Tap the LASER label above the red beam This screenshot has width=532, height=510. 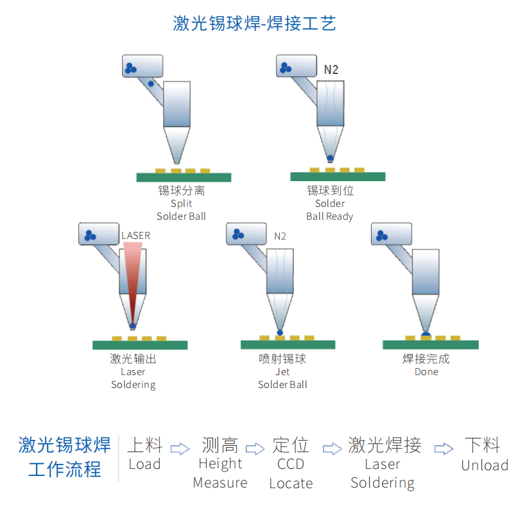tap(135, 236)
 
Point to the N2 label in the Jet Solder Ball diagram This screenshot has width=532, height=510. tap(280, 236)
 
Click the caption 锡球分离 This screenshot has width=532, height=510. tap(182, 191)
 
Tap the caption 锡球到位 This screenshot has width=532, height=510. tap(330, 191)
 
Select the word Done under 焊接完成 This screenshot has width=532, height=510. tap(426, 372)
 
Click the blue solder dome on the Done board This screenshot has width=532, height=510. tap(425, 335)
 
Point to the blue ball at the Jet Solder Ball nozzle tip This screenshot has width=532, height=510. tap(280, 332)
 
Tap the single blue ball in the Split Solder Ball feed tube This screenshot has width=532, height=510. tap(151, 84)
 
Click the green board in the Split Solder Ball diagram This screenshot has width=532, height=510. tap(184, 177)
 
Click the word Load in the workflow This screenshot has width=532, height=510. tap(144, 464)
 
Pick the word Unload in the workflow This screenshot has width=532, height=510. tap(485, 465)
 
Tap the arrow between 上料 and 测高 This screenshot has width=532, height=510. tap(182, 448)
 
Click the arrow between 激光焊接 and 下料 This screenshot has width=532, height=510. tap(443, 448)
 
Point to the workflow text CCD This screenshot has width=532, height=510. tap(291, 464)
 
